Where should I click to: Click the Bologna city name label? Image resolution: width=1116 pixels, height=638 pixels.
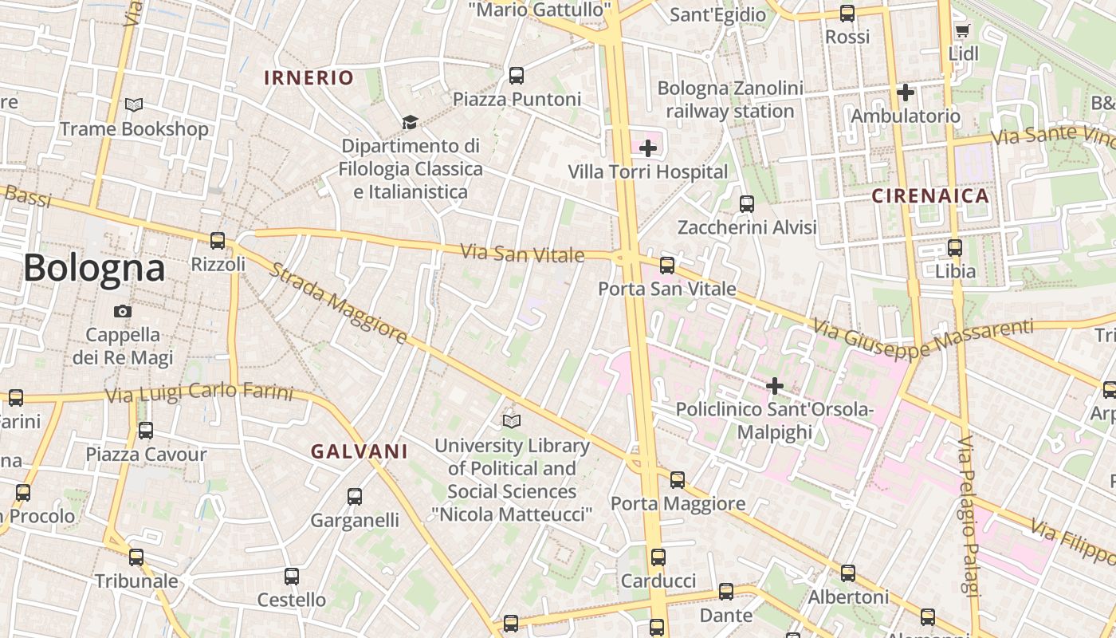(x=94, y=268)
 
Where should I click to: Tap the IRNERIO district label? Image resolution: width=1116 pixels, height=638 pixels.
(x=308, y=77)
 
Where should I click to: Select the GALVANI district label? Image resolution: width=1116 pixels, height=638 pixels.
(x=359, y=451)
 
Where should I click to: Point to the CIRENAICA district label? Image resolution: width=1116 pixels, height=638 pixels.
(x=929, y=195)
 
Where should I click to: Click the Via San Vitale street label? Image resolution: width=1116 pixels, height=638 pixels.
(x=522, y=254)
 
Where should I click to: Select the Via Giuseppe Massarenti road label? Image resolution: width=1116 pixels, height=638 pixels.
(x=923, y=338)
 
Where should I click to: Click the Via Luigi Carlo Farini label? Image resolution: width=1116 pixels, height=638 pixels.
(x=199, y=392)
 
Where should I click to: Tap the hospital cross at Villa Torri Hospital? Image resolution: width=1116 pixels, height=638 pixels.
(x=648, y=148)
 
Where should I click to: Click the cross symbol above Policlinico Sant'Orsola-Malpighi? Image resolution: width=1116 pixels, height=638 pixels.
(x=774, y=386)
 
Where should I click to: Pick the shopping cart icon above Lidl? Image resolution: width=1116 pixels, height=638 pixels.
(x=962, y=31)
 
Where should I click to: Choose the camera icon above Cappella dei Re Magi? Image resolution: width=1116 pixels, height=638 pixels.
(x=123, y=311)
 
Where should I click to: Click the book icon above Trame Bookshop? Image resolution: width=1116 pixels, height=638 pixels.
(x=134, y=104)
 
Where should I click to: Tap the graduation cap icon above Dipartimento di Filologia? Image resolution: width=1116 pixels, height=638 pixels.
(x=410, y=122)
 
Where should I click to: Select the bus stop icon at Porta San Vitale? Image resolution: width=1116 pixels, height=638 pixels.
(x=667, y=265)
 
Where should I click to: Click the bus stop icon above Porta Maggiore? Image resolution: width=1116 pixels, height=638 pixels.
(x=677, y=479)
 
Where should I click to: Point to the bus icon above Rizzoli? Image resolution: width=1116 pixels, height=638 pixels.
(x=218, y=240)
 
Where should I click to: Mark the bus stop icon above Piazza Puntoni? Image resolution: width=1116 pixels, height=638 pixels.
(x=517, y=76)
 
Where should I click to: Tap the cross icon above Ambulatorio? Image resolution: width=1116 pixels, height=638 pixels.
(x=905, y=93)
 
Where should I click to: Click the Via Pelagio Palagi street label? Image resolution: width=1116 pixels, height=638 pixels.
(x=968, y=515)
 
